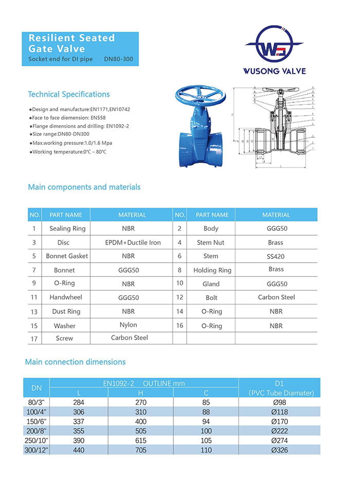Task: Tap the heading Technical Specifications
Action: [x=68, y=95]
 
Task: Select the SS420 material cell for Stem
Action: [x=276, y=256]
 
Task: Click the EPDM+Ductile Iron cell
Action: [x=132, y=243]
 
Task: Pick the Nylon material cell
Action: [x=128, y=325]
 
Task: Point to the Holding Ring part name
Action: [x=212, y=270]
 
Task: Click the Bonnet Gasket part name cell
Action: [x=67, y=256]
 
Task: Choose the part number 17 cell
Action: [x=34, y=338]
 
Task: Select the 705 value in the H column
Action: [x=140, y=450]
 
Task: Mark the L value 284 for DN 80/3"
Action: [x=79, y=402]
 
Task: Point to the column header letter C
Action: [x=206, y=393]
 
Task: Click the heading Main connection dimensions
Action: [x=75, y=362]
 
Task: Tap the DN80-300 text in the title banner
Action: [x=118, y=60]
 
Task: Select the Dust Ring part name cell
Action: [x=66, y=311]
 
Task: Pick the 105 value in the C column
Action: [x=206, y=440]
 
